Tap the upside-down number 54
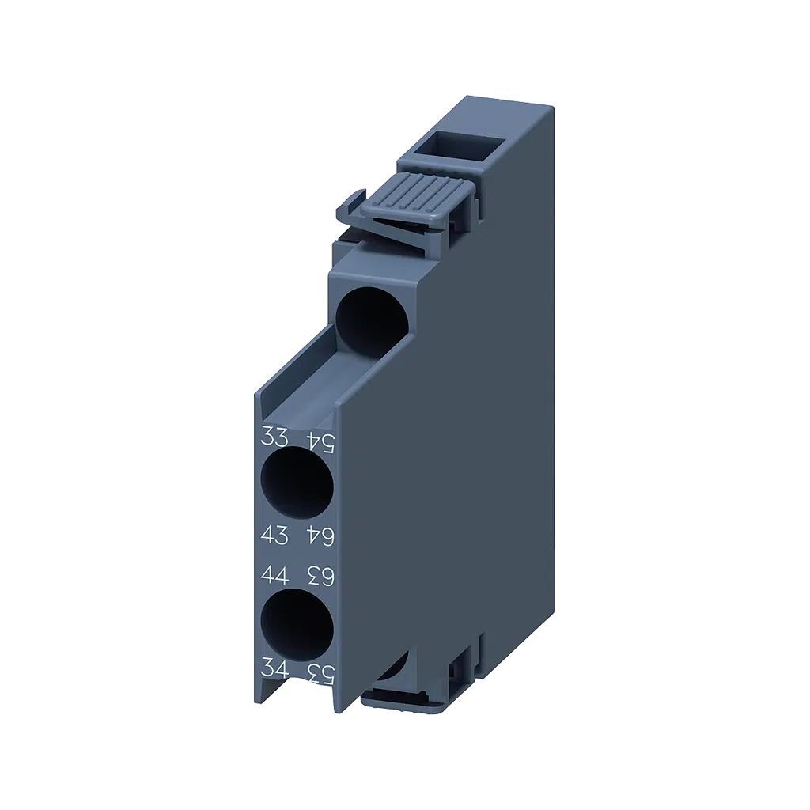(x=320, y=441)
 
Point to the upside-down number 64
(x=320, y=536)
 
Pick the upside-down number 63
(x=320, y=576)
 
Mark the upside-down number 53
(x=320, y=674)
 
